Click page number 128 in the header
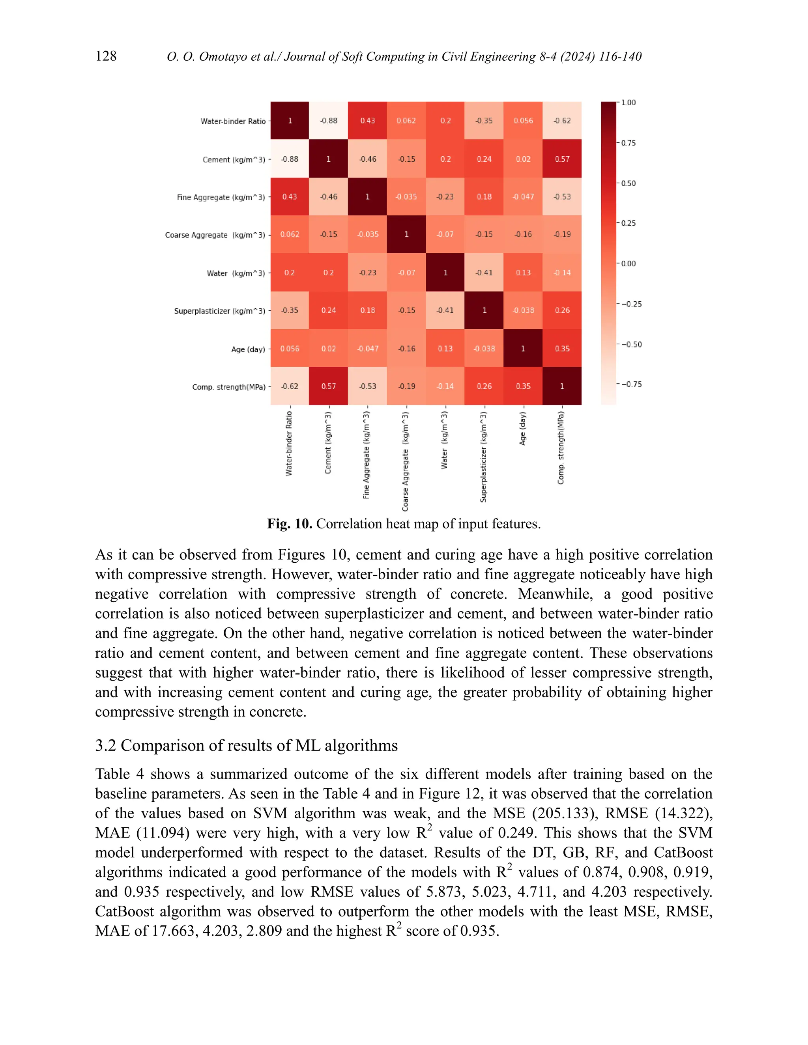(x=106, y=56)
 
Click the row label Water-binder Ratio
(x=233, y=121)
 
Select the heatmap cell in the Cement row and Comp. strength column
(x=562, y=159)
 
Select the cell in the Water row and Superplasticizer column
(x=484, y=272)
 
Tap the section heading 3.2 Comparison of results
(x=246, y=745)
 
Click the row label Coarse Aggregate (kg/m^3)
(x=215, y=235)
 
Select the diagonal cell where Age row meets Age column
(x=523, y=348)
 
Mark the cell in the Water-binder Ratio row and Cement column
(x=328, y=121)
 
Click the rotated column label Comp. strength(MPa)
(x=561, y=448)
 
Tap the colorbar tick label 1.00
(x=628, y=103)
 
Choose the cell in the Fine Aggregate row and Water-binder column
(x=290, y=197)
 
